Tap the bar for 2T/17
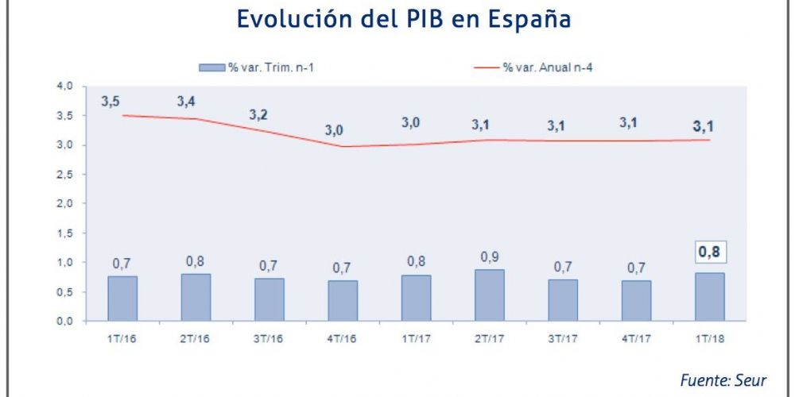pyautogui.click(x=490, y=295)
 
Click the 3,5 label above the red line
pyautogui.click(x=111, y=102)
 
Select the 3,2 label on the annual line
pyautogui.click(x=258, y=114)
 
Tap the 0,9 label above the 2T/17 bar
pyautogui.click(x=491, y=257)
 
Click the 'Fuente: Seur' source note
pyautogui.click(x=723, y=380)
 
